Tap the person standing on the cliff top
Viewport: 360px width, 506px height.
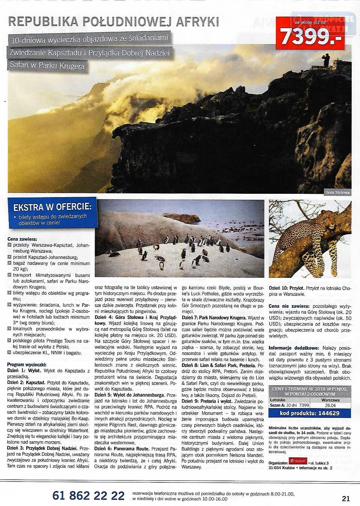coord(327,59)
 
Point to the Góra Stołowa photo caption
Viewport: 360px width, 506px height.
coord(337,193)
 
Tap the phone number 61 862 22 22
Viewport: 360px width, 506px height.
coord(88,496)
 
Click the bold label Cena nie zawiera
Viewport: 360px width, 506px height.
coord(288,306)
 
